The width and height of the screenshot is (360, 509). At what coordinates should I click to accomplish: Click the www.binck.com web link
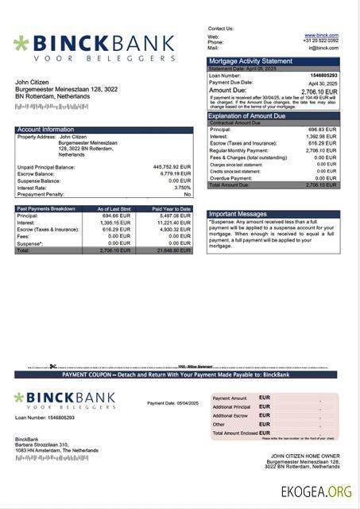point(321,36)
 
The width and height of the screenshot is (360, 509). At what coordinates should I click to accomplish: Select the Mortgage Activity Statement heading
point(250,61)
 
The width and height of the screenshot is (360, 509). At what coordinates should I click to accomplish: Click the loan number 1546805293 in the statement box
point(321,75)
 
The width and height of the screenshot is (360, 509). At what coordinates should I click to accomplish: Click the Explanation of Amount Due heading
point(253,116)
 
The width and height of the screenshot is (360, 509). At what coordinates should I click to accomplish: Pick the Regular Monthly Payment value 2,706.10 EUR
point(321,150)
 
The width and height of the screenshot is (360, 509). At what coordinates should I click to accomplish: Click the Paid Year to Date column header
point(172,208)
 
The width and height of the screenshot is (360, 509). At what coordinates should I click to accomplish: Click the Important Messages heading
point(238,215)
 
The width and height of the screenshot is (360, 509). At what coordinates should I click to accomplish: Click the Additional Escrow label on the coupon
point(231,415)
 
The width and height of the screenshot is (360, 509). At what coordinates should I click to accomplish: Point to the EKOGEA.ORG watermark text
point(316,492)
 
